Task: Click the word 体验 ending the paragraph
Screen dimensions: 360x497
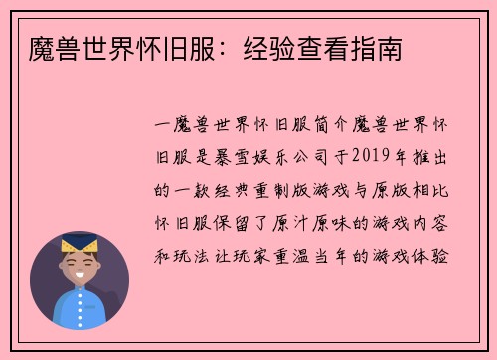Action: click(441, 254)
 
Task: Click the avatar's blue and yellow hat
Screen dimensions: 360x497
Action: click(80, 243)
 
